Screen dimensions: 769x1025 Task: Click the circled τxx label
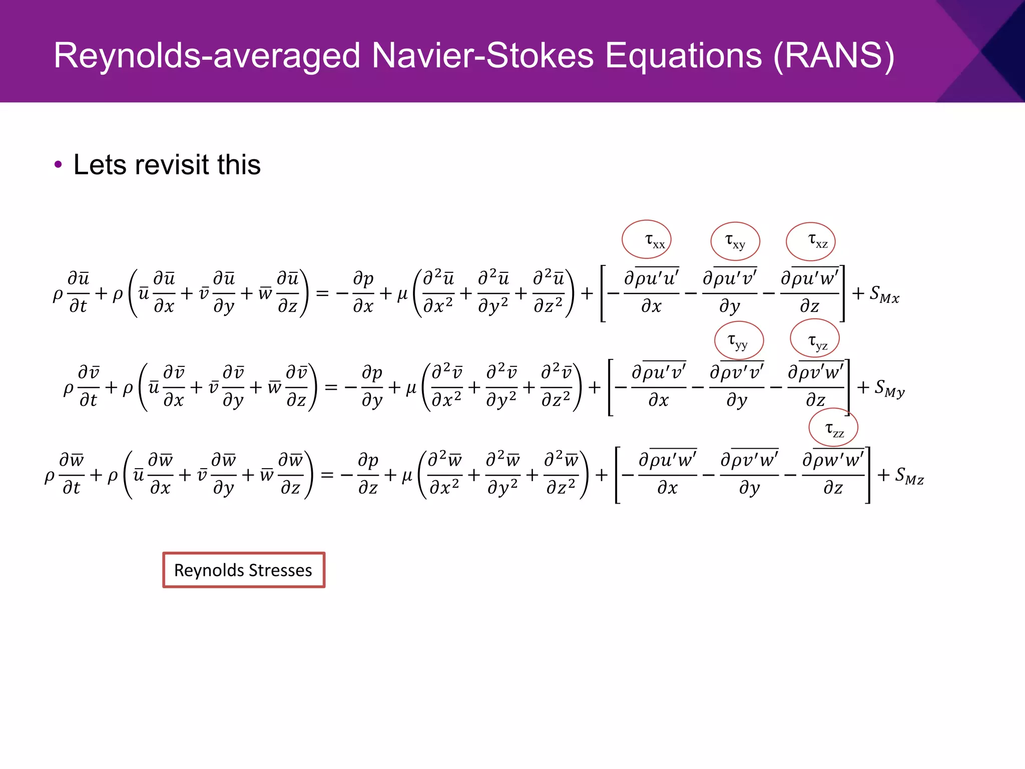(647, 240)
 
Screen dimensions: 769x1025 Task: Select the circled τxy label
(735, 241)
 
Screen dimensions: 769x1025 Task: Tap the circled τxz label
(811, 241)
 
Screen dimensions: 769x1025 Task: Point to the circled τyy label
(739, 340)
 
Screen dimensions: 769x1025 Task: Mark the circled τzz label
(834, 428)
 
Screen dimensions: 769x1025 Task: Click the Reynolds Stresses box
(244, 570)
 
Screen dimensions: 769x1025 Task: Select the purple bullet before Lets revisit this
(58, 165)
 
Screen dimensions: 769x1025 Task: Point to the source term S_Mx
(884, 294)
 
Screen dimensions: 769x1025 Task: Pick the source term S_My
(889, 388)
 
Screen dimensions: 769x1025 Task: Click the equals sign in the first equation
(322, 293)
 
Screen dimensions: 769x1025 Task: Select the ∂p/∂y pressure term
(372, 387)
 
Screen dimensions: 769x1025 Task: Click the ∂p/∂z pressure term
(368, 474)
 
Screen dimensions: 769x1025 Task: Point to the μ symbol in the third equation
(407, 475)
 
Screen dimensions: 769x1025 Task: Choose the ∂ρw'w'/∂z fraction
(833, 474)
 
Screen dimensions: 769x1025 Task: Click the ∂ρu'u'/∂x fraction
(651, 292)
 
